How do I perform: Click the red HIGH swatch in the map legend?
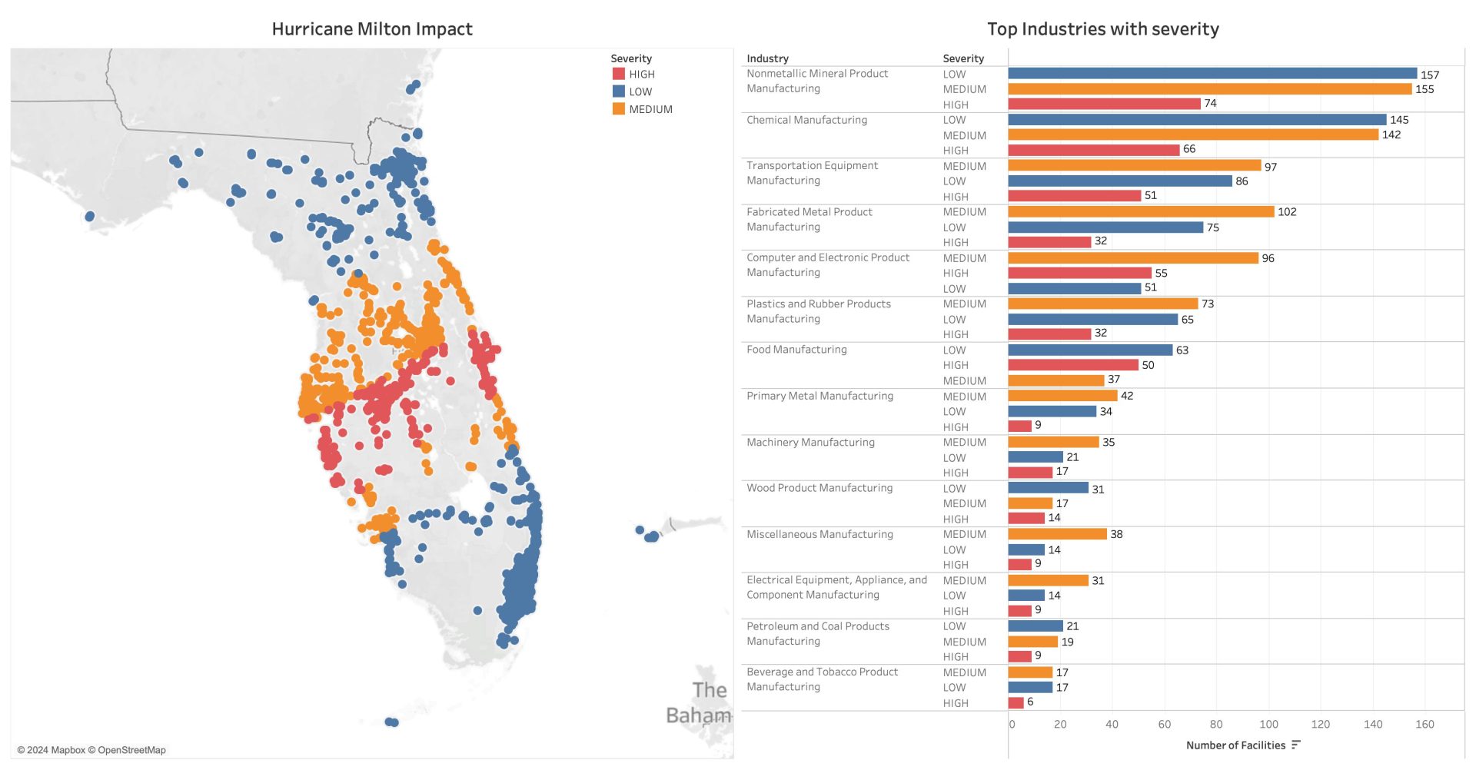(x=618, y=74)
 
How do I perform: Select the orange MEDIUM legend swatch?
(x=618, y=109)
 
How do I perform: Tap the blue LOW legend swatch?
(x=618, y=91)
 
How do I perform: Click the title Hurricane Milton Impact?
(x=372, y=29)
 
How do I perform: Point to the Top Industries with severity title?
(x=1102, y=29)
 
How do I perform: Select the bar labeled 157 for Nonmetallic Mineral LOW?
(x=1212, y=74)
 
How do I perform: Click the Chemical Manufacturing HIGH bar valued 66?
(x=1093, y=150)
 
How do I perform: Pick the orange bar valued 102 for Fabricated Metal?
(x=1141, y=211)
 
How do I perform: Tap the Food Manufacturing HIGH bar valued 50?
(x=1072, y=365)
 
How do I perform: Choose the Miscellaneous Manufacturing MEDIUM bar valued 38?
(x=1057, y=534)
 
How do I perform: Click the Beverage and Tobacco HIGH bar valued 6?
(x=1016, y=702)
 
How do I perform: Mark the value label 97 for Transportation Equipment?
(x=1270, y=167)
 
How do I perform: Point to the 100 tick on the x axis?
(x=1268, y=724)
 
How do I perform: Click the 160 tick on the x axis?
(x=1424, y=724)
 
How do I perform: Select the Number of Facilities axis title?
(x=1235, y=745)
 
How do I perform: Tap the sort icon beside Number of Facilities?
(x=1296, y=745)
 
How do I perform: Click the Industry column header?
(x=767, y=58)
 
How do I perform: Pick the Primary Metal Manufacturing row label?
(x=819, y=396)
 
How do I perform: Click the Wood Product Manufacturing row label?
(x=819, y=488)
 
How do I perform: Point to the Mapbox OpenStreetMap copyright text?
(x=91, y=750)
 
